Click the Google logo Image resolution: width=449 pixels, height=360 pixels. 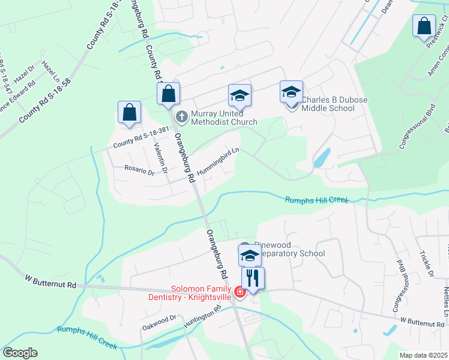click(20, 353)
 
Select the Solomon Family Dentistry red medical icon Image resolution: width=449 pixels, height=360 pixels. click(240, 292)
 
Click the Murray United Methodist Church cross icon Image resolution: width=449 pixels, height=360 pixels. click(182, 116)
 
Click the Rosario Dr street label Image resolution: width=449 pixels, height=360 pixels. click(139, 170)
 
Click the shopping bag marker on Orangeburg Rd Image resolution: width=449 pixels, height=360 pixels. click(169, 94)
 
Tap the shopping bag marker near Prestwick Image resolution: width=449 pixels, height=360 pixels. click(424, 26)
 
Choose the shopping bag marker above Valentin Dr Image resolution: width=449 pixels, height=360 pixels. click(129, 112)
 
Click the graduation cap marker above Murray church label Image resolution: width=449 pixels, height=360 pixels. click(240, 96)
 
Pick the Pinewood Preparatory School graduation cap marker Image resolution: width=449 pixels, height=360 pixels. click(250, 255)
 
